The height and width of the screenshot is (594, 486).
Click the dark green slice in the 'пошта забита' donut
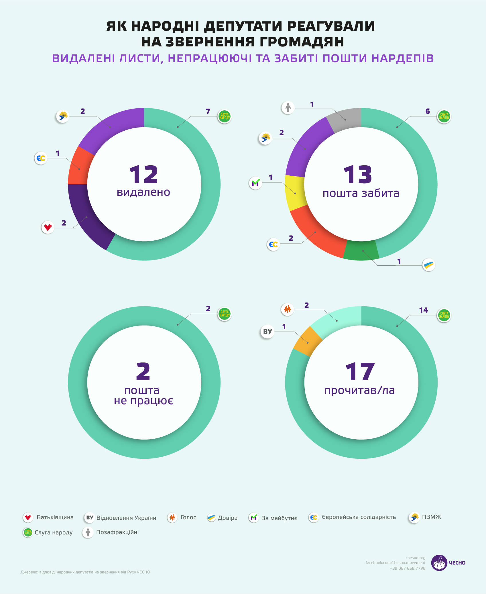coord(361,251)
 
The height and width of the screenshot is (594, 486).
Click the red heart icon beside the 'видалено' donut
coord(48,228)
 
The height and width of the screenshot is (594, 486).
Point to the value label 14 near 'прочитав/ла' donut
coord(423,310)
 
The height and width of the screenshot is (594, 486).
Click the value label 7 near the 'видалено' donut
coord(208,111)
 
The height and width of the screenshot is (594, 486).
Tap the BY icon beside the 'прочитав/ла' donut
coord(267,332)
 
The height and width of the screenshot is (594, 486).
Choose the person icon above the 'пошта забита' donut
coord(288,108)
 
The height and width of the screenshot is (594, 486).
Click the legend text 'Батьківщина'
coord(55,517)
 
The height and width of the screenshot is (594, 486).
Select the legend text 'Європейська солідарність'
coord(359,517)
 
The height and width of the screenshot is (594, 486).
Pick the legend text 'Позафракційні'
coord(117,532)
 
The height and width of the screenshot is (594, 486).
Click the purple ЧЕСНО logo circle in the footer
coord(439,563)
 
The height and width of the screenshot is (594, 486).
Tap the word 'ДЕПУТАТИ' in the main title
coord(243,26)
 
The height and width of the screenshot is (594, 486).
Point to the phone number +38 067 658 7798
coord(407,568)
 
